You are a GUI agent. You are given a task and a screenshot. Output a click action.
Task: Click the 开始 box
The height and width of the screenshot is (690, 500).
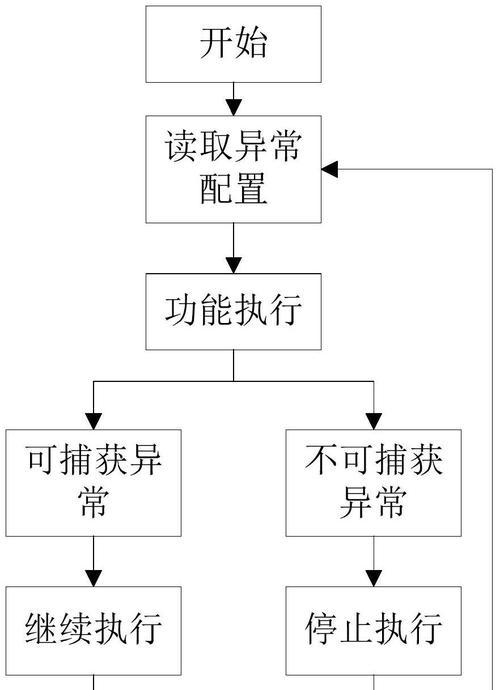click(233, 44)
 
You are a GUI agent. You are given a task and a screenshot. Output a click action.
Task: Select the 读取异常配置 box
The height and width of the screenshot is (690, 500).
click(233, 169)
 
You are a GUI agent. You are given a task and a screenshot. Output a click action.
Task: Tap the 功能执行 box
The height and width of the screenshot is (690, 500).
click(233, 312)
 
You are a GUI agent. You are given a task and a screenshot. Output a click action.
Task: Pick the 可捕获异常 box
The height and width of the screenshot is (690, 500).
click(93, 483)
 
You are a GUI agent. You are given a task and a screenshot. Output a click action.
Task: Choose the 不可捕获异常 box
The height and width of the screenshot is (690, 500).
click(374, 483)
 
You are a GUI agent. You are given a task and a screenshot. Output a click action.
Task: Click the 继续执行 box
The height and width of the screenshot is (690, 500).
click(93, 631)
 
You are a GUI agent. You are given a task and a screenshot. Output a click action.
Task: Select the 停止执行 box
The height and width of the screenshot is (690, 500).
click(374, 631)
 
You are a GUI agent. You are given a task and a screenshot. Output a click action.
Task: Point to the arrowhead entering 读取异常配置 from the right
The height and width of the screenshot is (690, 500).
click(330, 169)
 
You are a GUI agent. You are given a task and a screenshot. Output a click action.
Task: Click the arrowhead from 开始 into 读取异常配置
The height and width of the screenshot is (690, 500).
click(233, 108)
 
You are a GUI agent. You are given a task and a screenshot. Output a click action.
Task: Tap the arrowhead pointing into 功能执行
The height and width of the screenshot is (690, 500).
click(233, 265)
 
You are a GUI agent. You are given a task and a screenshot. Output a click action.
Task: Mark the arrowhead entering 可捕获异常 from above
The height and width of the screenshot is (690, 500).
click(93, 422)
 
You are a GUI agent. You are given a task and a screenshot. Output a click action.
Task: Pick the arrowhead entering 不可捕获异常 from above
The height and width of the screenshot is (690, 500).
click(374, 422)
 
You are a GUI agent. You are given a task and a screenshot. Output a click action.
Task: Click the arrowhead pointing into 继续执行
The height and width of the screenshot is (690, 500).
click(93, 578)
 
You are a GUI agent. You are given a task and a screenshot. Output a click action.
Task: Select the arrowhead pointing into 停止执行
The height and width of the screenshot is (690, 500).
click(374, 578)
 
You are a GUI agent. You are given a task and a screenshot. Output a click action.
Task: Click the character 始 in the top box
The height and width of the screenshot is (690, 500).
click(251, 43)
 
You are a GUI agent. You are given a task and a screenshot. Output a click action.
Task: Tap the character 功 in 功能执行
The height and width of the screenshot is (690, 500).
click(181, 311)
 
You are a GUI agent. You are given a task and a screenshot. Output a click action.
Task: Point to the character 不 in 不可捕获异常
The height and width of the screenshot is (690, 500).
click(321, 460)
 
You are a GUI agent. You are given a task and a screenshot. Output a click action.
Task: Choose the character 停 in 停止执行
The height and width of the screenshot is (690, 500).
click(321, 628)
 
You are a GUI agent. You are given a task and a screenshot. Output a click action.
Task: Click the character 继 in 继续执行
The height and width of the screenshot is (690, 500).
click(41, 628)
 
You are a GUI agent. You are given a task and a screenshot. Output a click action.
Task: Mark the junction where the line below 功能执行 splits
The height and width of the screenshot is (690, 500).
click(233, 381)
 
